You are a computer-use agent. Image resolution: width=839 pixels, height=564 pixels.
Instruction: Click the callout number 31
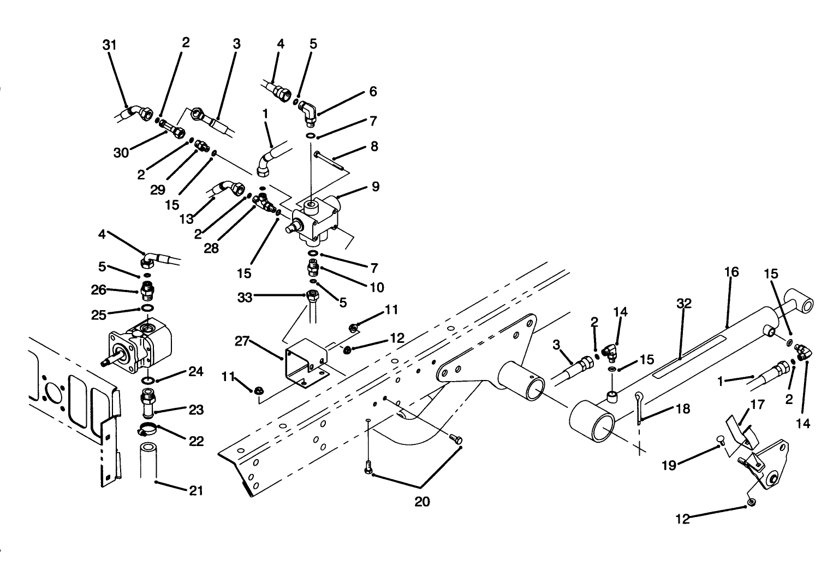coord(110,45)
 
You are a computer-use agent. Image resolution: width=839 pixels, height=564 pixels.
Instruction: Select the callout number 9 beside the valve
coord(375,186)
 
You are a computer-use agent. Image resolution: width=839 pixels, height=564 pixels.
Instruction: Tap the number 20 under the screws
coord(422,501)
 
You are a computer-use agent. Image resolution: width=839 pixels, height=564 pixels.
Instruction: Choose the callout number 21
coord(195,490)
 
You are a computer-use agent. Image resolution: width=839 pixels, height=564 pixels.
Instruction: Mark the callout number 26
coord(99,290)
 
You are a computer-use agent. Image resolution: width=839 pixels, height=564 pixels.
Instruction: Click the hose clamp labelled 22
coord(146,429)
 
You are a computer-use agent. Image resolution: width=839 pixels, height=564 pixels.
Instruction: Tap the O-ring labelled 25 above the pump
coord(146,309)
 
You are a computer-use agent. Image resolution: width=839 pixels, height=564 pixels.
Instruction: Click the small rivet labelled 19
coord(719,443)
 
